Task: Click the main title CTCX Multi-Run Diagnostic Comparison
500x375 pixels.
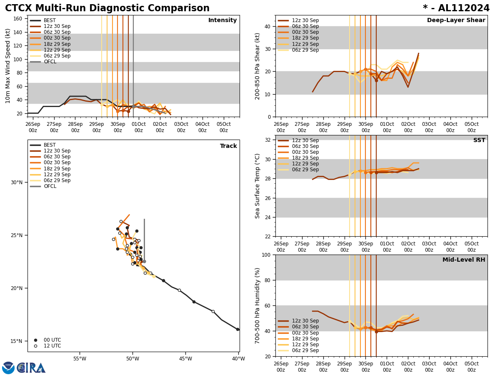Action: [107, 8]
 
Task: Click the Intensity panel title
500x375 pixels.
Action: [222, 20]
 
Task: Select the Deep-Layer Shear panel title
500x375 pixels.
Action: [456, 20]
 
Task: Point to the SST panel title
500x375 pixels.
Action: [479, 140]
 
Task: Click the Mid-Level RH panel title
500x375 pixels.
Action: [464, 260]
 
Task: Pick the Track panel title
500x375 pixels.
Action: [228, 146]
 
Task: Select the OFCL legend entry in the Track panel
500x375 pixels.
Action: [50, 186]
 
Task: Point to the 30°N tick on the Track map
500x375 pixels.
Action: [17, 182]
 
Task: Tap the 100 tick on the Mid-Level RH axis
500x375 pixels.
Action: [265, 255]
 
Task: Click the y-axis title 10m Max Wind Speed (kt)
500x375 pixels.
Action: [8, 66]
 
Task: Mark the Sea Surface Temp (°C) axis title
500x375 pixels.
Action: [258, 186]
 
